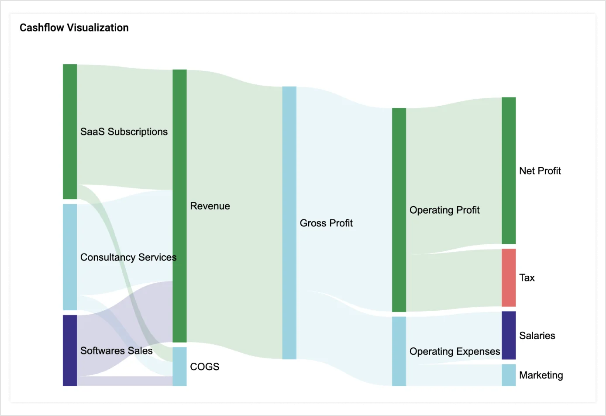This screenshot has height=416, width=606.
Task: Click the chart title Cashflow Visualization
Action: (74, 28)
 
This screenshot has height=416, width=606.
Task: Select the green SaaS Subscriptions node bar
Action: (70, 131)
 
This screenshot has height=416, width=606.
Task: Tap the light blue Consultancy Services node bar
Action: (70, 257)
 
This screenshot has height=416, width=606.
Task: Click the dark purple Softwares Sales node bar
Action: (70, 350)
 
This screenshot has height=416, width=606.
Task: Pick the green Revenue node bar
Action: (179, 205)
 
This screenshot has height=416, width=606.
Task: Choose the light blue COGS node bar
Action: (179, 366)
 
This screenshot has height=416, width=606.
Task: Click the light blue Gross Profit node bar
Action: (289, 223)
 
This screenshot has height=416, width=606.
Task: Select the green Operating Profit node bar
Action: (399, 210)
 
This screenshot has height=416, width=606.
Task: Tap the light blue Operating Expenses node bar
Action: (399, 351)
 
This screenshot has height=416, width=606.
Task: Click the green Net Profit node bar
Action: (509, 170)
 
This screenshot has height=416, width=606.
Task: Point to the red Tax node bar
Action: (509, 277)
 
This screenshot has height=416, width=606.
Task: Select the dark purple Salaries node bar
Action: (509, 335)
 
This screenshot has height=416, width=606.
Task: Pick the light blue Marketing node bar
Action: (509, 375)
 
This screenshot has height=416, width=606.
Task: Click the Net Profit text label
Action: (540, 171)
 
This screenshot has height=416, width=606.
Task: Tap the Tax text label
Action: (527, 277)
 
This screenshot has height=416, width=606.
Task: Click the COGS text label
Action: (204, 367)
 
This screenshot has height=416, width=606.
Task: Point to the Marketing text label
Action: (541, 375)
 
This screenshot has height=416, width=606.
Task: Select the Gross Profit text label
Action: (326, 223)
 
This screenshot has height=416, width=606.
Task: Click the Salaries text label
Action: (537, 336)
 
